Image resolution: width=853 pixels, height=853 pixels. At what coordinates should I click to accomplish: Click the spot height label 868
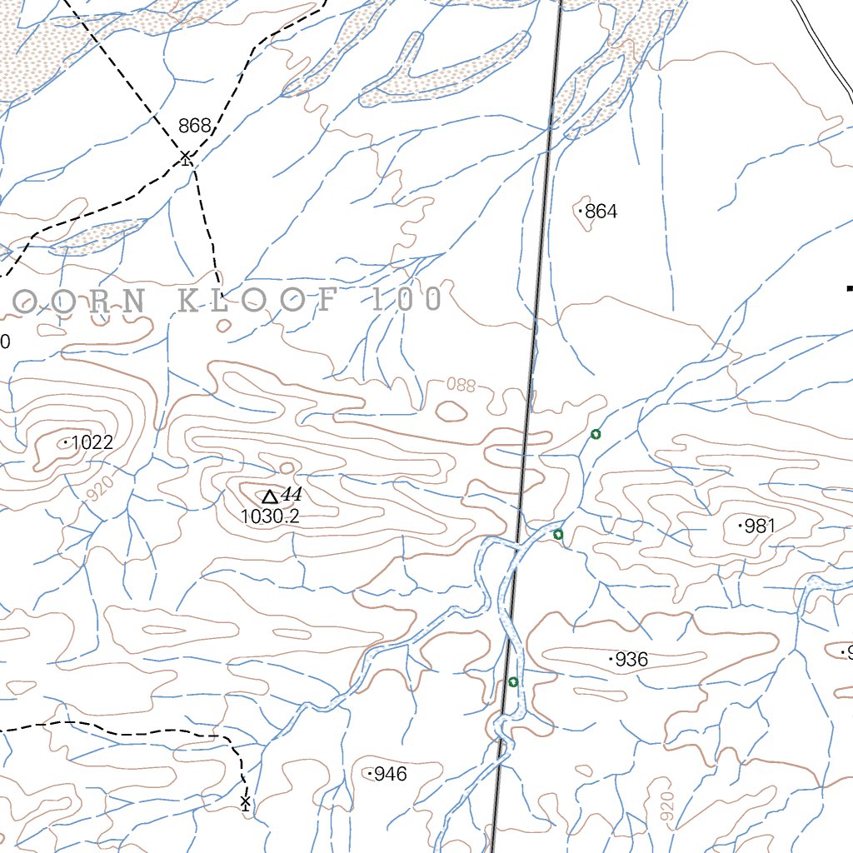(194, 126)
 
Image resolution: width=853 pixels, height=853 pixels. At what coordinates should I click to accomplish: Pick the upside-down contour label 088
(461, 385)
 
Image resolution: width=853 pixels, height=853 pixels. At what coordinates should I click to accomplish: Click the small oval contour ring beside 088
(451, 410)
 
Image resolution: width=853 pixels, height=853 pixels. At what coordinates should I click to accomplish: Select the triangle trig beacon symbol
(270, 496)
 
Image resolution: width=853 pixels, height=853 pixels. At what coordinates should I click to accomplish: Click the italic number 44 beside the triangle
(291, 495)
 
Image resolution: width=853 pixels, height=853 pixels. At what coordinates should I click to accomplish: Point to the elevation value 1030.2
(270, 517)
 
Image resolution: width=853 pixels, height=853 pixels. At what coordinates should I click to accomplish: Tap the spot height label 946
(390, 775)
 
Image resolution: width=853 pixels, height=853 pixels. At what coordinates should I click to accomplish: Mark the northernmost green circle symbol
(596, 434)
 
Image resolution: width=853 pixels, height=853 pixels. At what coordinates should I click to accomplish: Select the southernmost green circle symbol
(513, 682)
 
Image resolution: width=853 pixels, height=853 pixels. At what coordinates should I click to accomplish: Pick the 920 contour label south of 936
(666, 807)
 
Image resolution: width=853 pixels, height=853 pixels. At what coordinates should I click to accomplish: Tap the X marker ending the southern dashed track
(245, 802)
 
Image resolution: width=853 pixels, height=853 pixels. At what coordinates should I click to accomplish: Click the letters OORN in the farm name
(71, 301)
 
